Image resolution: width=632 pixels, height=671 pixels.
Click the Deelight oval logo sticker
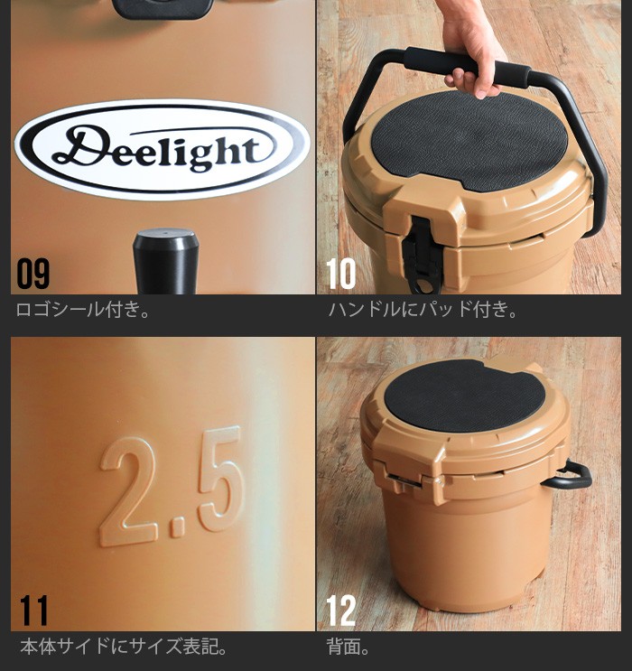pyautogui.click(x=163, y=149)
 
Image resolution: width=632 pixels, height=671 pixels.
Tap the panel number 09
pyautogui.click(x=33, y=273)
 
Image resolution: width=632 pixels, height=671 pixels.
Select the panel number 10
pyautogui.click(x=340, y=273)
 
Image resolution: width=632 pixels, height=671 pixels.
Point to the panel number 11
pyautogui.click(x=33, y=610)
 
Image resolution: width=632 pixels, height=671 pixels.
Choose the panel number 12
pyautogui.click(x=341, y=610)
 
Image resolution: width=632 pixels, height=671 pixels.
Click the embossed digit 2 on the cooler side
pyautogui.click(x=128, y=491)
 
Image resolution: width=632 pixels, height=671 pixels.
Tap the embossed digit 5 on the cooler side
pyautogui.click(x=222, y=479)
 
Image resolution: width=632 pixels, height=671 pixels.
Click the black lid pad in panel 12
pyautogui.click(x=465, y=396)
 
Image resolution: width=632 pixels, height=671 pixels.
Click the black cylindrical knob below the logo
pyautogui.click(x=165, y=261)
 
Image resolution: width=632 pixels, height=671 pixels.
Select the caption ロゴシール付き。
pyautogui.click(x=83, y=310)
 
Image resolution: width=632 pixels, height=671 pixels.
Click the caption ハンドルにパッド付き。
pyautogui.click(x=423, y=310)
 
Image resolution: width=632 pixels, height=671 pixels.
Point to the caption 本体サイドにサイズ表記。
pyautogui.click(x=124, y=647)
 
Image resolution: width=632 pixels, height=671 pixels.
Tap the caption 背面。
pyautogui.click(x=348, y=647)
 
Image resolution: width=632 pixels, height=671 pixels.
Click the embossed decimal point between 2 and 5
pyautogui.click(x=178, y=527)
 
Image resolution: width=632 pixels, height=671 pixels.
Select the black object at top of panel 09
pyautogui.click(x=163, y=8)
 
